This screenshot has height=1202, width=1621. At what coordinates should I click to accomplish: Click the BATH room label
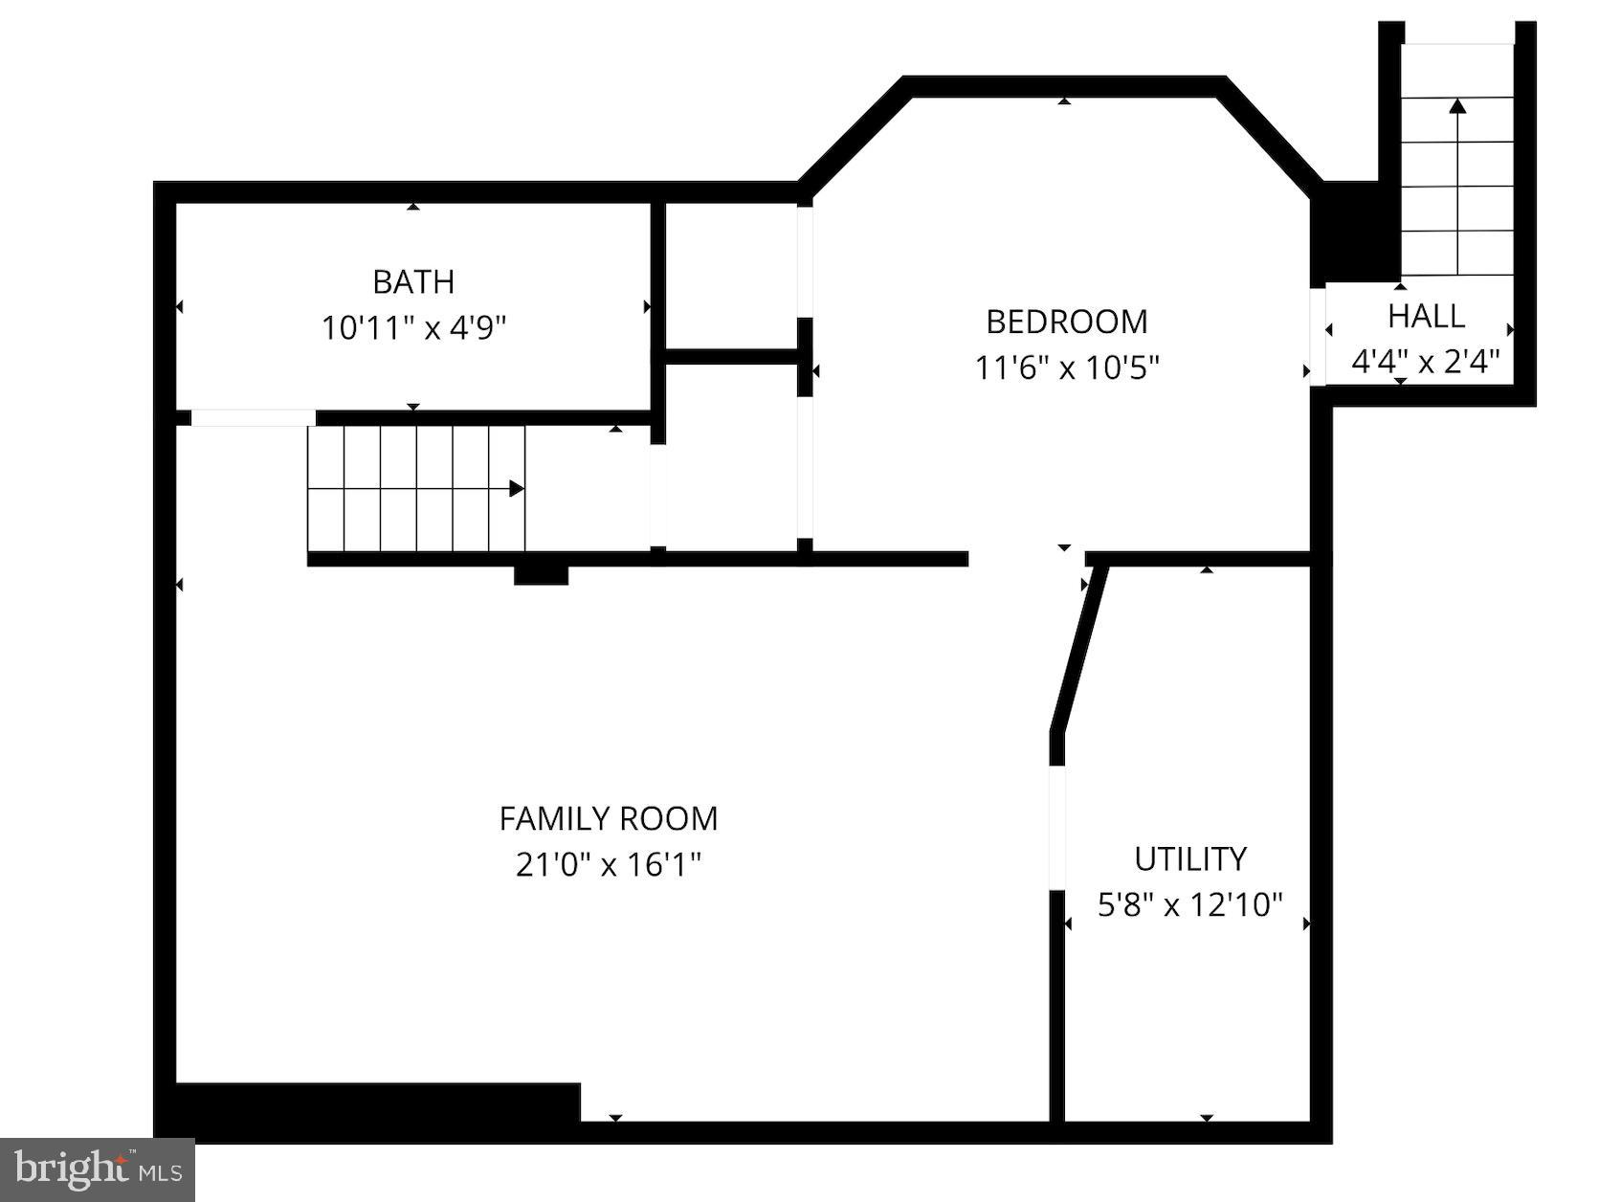[x=413, y=281]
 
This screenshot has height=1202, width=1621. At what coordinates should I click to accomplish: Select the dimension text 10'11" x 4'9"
[x=413, y=328]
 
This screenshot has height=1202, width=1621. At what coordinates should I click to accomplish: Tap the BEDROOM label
[x=1066, y=322]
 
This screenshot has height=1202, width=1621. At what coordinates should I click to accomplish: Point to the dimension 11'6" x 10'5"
[x=1066, y=367]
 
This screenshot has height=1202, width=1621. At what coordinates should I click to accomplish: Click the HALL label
[x=1426, y=316]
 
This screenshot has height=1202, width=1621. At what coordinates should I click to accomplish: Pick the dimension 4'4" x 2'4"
[x=1425, y=362]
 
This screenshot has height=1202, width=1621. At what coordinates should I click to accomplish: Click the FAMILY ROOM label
[x=608, y=818]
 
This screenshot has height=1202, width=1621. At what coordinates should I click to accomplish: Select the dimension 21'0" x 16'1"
[x=608, y=865]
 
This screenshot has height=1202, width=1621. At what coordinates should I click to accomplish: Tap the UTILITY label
[x=1189, y=858]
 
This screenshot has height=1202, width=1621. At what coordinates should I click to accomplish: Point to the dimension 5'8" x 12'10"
[x=1189, y=904]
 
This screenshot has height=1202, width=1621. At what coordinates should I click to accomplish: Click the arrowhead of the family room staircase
[x=517, y=489]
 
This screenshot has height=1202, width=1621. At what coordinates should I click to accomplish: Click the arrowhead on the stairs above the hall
[x=1457, y=106]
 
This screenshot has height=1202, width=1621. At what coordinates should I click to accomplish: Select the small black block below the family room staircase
[x=541, y=574]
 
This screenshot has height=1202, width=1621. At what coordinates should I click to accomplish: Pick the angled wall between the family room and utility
[x=1079, y=651]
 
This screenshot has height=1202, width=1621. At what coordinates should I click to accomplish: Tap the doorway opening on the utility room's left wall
[x=1056, y=828]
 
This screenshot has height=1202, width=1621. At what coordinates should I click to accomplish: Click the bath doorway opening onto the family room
[x=253, y=418]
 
